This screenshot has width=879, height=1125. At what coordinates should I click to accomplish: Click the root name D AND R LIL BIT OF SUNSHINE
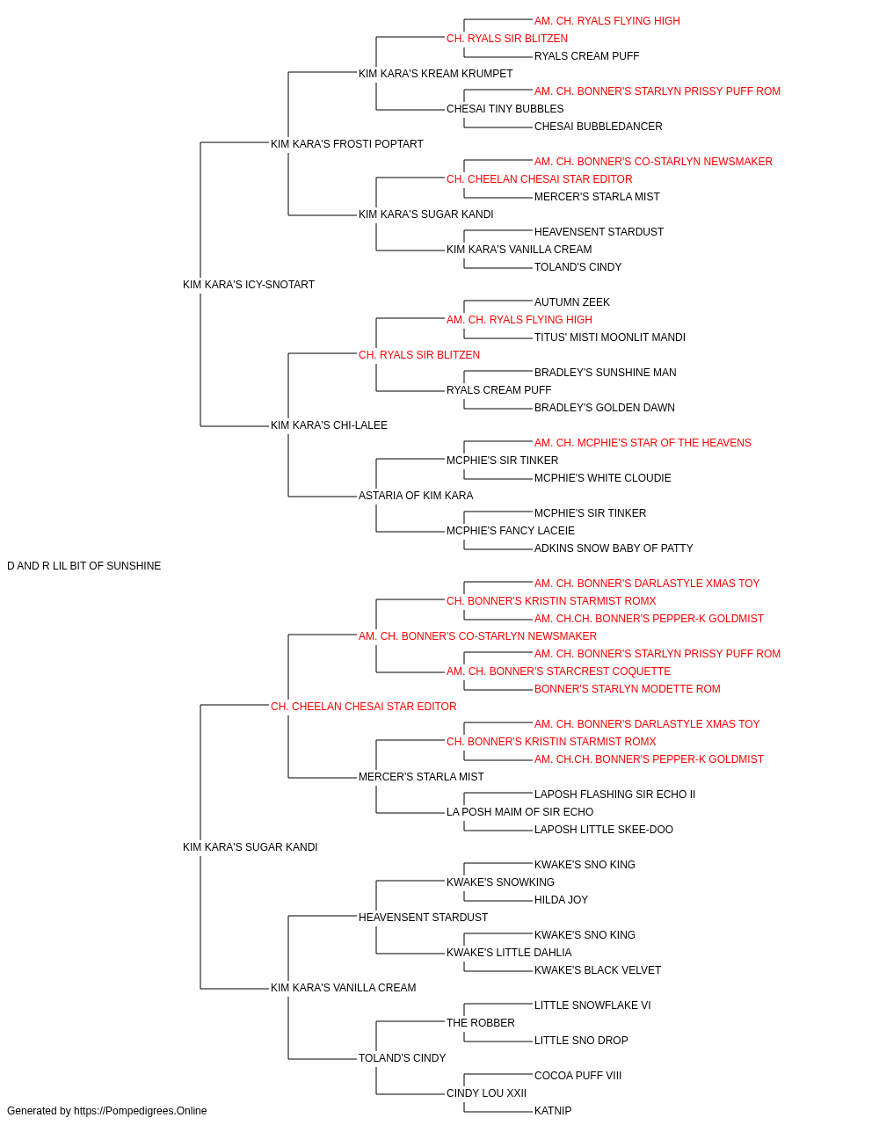[x=84, y=566]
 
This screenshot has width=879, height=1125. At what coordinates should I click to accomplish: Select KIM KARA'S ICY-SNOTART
[x=249, y=285]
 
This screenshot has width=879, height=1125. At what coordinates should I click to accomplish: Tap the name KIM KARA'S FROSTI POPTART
[x=347, y=144]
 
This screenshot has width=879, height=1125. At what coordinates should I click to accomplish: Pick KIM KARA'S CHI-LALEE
[x=329, y=425]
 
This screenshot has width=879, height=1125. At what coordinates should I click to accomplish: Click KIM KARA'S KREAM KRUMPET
[x=435, y=74]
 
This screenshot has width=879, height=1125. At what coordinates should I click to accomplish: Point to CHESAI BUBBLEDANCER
[x=598, y=127]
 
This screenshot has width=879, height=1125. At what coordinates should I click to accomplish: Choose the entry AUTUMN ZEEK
[x=572, y=301]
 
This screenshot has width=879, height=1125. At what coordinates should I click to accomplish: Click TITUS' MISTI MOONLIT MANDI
[x=609, y=337]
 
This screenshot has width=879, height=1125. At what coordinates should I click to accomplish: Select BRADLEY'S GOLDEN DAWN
[x=604, y=408]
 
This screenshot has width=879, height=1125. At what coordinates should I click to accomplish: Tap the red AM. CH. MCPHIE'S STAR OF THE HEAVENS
[x=643, y=443]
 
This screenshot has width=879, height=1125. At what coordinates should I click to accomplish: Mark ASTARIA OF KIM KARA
[x=416, y=496]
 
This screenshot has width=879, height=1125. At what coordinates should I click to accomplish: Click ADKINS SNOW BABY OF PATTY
[x=614, y=548]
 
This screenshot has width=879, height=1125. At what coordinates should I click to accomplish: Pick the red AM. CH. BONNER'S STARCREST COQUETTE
[x=558, y=671]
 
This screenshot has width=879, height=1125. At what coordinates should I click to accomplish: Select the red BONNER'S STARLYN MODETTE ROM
[x=627, y=688]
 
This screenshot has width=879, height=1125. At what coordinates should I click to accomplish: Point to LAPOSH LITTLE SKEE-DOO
[x=604, y=830]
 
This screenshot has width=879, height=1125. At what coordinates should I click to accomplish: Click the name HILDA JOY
[x=561, y=900]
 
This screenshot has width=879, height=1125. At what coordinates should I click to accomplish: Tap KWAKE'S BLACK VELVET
[x=598, y=970]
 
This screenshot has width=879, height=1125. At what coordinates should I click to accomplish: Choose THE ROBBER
[x=481, y=1023]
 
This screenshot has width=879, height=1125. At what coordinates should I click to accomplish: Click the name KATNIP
[x=553, y=1111]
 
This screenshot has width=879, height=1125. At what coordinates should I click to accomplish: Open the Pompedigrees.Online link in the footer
[x=141, y=1111]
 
